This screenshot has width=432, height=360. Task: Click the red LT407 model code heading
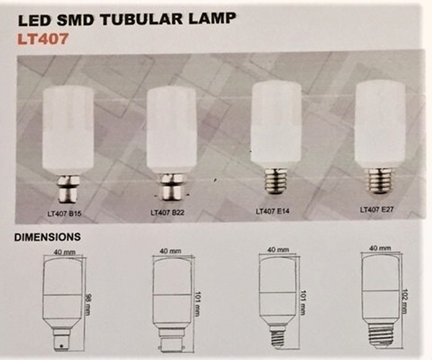pyautogui.click(x=42, y=39)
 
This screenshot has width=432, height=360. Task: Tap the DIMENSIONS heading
pyautogui.click(x=48, y=237)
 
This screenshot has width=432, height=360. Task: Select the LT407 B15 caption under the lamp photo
pyautogui.click(x=64, y=213)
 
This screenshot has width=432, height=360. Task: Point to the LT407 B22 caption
pyautogui.click(x=168, y=212)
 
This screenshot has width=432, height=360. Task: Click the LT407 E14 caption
pyautogui.click(x=273, y=211)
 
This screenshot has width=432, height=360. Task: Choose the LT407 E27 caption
pyautogui.click(x=377, y=210)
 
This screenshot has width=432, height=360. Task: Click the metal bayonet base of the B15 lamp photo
pyautogui.click(x=68, y=189)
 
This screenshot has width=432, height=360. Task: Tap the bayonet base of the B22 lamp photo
pyautogui.click(x=172, y=187)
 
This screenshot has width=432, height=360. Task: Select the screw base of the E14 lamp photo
pyautogui.click(x=276, y=181)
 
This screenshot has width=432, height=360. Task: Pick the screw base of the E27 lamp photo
pyautogui.click(x=379, y=181)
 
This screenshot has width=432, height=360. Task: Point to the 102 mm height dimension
pyautogui.click(x=404, y=300)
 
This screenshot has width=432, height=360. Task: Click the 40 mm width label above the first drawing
pyautogui.click(x=65, y=252)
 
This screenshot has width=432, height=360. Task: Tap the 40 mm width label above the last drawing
pyautogui.click(x=380, y=248)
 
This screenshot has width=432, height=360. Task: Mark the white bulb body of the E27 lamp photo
pyautogui.click(x=380, y=125)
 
